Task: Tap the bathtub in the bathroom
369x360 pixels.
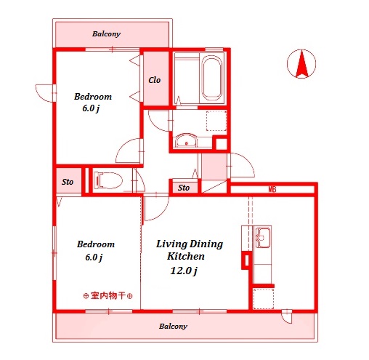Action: [x=212, y=79]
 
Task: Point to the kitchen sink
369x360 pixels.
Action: [x=263, y=237]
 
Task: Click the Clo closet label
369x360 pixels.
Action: [x=155, y=80]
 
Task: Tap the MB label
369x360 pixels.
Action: [x=272, y=190]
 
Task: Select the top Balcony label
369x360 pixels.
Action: [x=106, y=34]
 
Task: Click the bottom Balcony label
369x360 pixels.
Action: [x=173, y=327]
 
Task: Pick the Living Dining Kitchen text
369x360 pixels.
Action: [x=189, y=250]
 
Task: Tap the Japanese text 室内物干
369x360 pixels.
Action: [x=108, y=296]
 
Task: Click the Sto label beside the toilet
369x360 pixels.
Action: [x=67, y=181]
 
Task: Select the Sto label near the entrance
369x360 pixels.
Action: [x=184, y=188]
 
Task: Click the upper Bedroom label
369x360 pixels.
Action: [x=94, y=97]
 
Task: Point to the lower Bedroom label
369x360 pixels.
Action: [x=96, y=244]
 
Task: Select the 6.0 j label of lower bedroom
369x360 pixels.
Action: [x=92, y=257]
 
